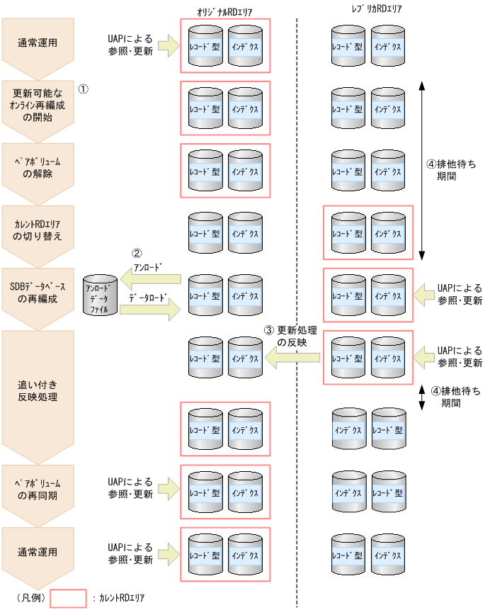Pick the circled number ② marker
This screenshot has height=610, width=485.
point(137,253)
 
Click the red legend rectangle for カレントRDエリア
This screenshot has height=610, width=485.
point(69,599)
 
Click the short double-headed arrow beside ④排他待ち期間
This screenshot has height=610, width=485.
point(422,397)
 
